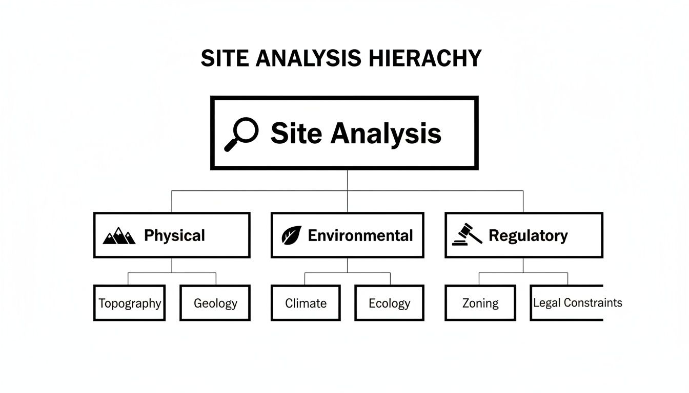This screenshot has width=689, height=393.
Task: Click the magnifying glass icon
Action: (x=241, y=134)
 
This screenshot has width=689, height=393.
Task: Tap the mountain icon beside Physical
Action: (x=119, y=236)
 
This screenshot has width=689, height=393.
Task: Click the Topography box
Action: (x=129, y=303)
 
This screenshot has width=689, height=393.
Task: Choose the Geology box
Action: (x=215, y=303)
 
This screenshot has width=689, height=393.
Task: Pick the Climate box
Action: (x=306, y=303)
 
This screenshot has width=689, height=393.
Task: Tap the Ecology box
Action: (x=390, y=303)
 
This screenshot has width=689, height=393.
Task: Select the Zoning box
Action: (x=480, y=303)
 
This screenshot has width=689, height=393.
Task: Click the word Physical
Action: (x=174, y=235)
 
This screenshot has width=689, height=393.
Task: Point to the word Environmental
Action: (x=360, y=235)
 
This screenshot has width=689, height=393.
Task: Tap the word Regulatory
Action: (x=528, y=235)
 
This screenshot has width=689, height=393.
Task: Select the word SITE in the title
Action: (x=221, y=58)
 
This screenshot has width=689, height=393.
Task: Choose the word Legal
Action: (x=546, y=302)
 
